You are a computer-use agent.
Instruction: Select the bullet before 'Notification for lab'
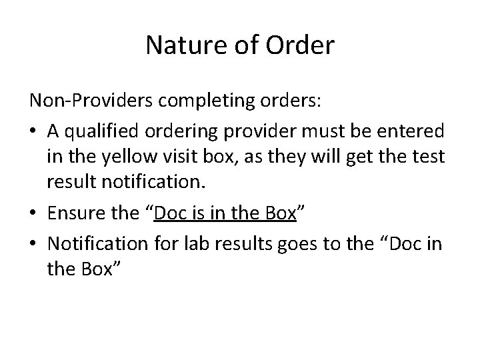pyautogui.click(x=34, y=243)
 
